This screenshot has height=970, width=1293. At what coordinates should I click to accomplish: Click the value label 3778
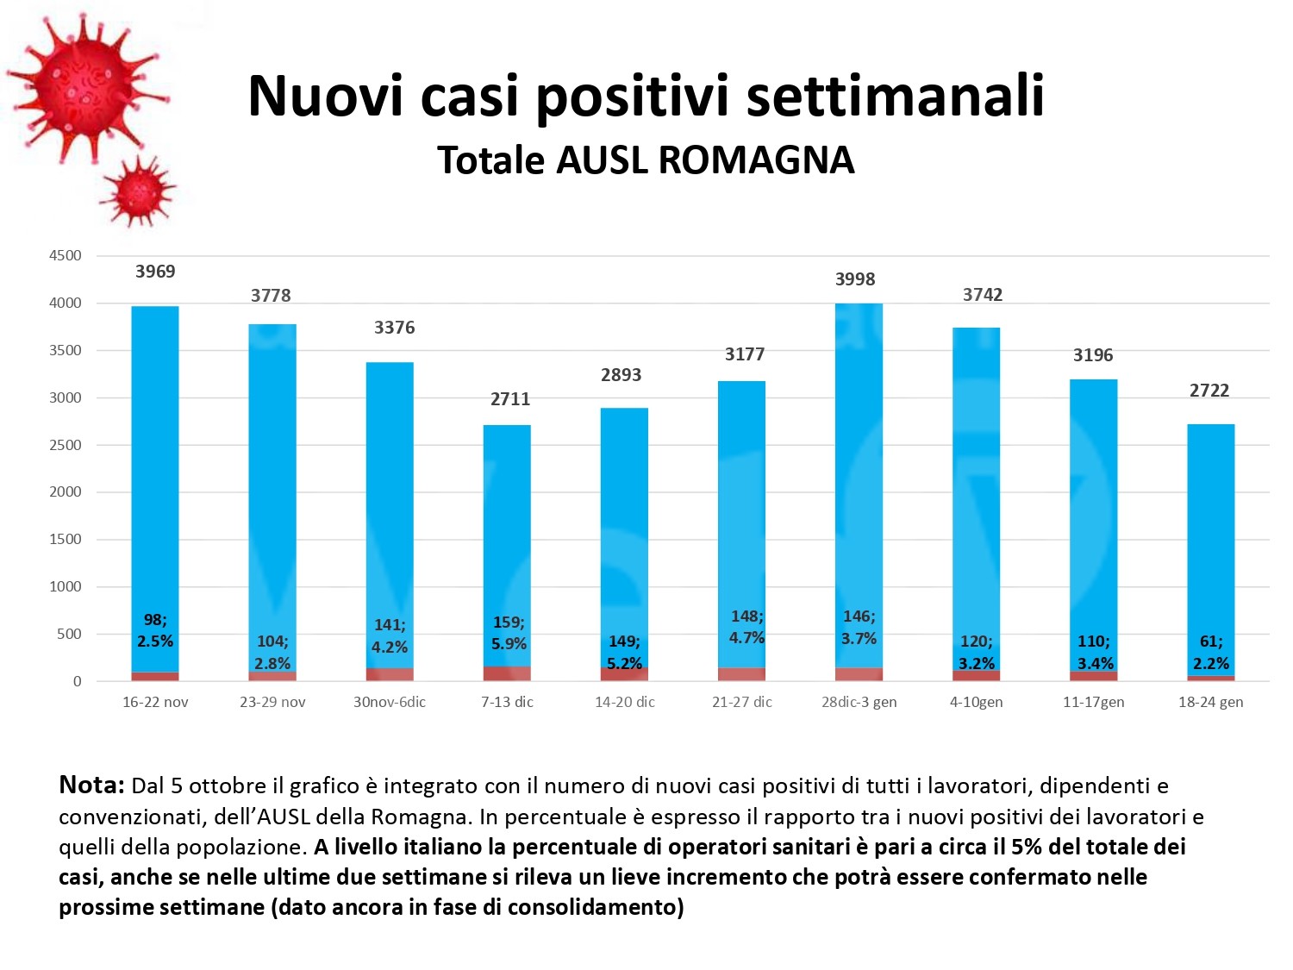(271, 296)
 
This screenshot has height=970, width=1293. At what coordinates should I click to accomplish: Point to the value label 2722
(1209, 391)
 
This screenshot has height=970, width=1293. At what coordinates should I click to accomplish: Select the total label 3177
(745, 354)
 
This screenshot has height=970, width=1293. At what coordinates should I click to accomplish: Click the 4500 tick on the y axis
(66, 256)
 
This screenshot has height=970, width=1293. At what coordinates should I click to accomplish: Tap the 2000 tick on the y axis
(66, 491)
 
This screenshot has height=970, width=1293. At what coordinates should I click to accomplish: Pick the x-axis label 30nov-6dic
(390, 702)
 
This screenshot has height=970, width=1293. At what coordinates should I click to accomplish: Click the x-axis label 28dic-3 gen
(859, 702)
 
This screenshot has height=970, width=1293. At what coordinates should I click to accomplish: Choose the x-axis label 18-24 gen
(1210, 702)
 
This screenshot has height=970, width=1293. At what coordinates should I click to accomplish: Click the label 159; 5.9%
(509, 633)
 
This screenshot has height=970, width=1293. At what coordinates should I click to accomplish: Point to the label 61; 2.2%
(1211, 652)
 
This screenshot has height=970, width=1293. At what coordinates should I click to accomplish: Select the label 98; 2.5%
(155, 630)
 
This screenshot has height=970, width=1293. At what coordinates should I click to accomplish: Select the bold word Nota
(91, 785)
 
